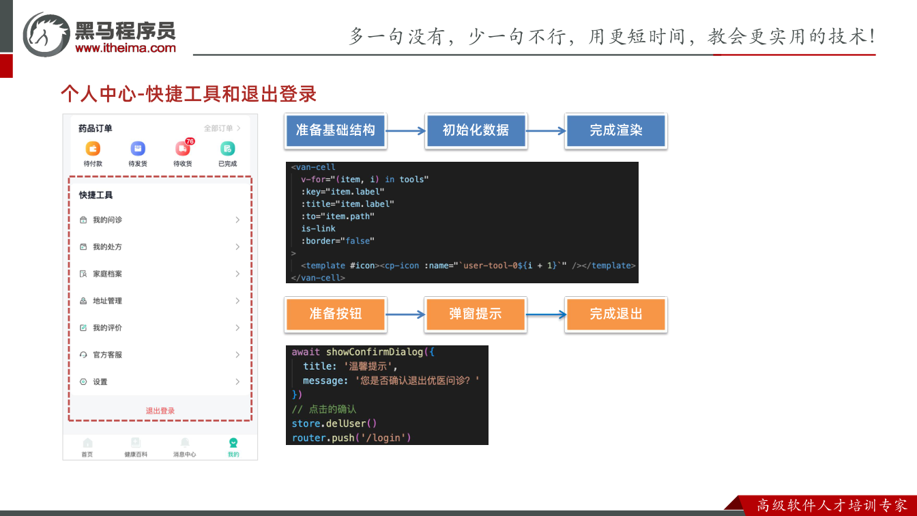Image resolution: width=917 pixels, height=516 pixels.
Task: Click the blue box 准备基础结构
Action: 335,130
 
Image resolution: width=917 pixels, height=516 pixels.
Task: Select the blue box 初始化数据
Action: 476,130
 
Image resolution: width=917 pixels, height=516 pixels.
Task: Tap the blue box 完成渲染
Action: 615,130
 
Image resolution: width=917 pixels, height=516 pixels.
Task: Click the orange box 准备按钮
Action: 335,314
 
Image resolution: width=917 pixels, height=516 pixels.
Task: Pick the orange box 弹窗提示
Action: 476,314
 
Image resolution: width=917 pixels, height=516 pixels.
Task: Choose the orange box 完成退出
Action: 615,314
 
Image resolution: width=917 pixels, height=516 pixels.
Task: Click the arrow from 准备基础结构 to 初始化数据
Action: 406,131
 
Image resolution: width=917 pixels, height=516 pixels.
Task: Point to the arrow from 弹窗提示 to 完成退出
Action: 546,315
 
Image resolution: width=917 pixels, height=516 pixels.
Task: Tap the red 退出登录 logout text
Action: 160,411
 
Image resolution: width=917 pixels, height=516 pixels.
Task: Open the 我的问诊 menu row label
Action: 107,220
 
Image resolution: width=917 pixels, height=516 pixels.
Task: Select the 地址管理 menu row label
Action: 107,300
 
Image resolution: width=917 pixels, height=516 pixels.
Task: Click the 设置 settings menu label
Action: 100,382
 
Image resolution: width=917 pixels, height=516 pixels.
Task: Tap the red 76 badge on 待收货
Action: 190,141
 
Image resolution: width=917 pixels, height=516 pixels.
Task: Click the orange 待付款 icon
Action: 93,148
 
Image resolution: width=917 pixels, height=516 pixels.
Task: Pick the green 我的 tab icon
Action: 233,442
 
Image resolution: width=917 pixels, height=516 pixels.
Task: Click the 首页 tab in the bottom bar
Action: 87,447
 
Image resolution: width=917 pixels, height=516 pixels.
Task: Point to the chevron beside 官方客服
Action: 237,355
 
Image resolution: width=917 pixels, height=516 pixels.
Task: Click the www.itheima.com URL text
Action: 126,48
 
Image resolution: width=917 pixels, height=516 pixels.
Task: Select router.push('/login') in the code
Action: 351,438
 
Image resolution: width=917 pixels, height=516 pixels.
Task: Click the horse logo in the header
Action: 46,34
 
